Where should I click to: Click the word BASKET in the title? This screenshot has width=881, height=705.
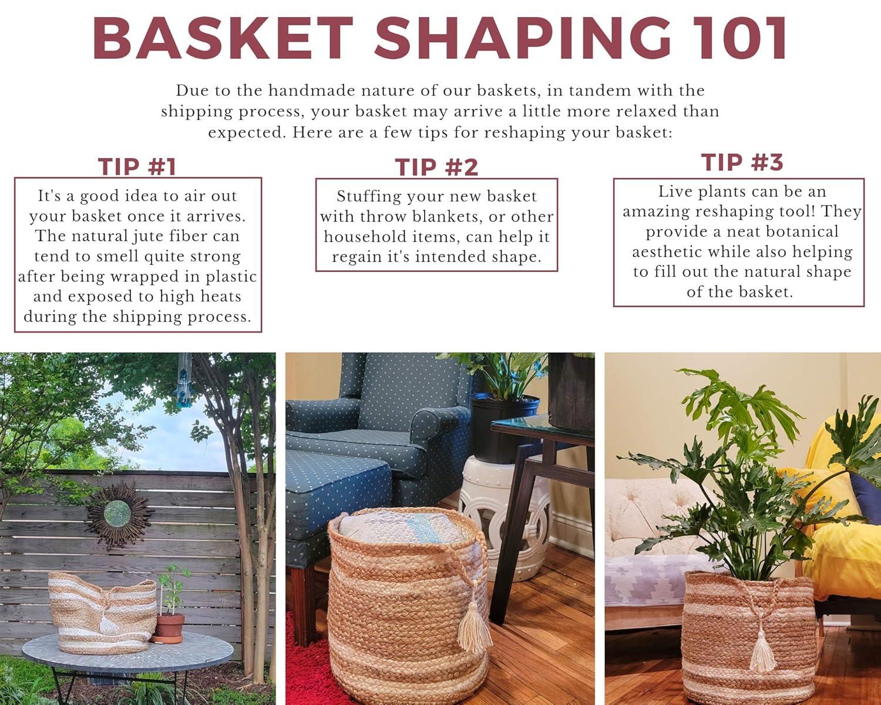223,38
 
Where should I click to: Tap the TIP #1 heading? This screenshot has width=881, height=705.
137,167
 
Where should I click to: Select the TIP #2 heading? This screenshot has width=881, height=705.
436,167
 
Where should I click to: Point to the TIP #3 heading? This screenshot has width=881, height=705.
742,162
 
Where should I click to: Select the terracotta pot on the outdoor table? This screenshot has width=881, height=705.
169,627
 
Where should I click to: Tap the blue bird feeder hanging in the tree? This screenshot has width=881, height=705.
184,388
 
